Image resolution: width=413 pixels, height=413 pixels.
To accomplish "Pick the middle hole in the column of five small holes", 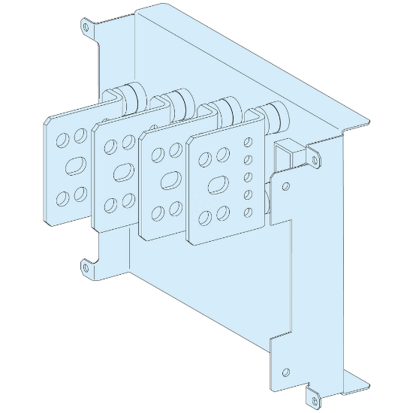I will [249, 176].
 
